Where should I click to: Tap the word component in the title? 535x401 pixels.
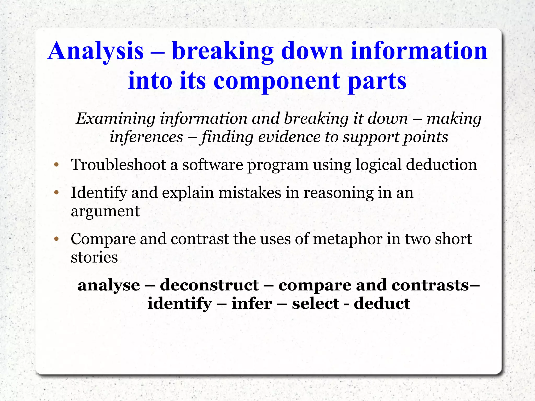[277, 81]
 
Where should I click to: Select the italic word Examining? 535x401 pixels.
[115, 118]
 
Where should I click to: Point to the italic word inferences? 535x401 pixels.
[146, 137]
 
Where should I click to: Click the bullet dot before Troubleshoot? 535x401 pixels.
[56, 165]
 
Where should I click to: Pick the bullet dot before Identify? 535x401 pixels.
[56, 193]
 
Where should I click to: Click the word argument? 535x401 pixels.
[105, 211]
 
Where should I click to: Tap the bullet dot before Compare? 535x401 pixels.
[56, 239]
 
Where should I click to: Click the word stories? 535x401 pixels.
[94, 257]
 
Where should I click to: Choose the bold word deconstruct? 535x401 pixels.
[209, 285]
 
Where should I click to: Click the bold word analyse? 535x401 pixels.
[109, 285]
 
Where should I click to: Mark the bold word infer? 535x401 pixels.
[252, 304]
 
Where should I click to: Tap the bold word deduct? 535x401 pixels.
[382, 304]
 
